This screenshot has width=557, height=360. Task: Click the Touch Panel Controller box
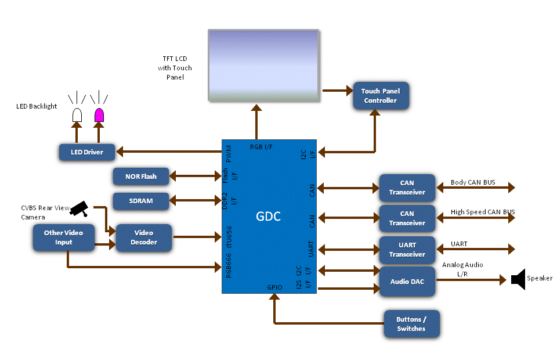pyautogui.click(x=381, y=96)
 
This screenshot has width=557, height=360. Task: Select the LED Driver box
pyautogui.click(x=86, y=152)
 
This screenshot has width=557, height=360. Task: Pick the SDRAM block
pyautogui.click(x=140, y=201)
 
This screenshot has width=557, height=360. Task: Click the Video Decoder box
pyautogui.click(x=144, y=237)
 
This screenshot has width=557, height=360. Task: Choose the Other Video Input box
pyautogui.click(x=63, y=237)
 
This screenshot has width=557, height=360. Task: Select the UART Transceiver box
pyautogui.click(x=407, y=250)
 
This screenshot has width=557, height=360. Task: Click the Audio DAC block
pyautogui.click(x=407, y=282)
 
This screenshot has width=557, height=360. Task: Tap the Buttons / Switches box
pyautogui.click(x=411, y=324)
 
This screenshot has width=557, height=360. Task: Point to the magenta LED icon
pyautogui.click(x=99, y=115)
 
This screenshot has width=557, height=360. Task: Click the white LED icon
pyautogui.click(x=77, y=115)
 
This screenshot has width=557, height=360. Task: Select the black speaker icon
pyautogui.click(x=518, y=279)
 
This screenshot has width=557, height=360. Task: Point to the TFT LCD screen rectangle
pyautogui.click(x=263, y=66)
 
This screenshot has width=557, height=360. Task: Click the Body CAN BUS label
pyautogui.click(x=473, y=182)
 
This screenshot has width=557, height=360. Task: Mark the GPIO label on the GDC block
pyautogui.click(x=274, y=287)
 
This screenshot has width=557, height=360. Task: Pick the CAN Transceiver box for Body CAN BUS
pyautogui.click(x=407, y=188)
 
